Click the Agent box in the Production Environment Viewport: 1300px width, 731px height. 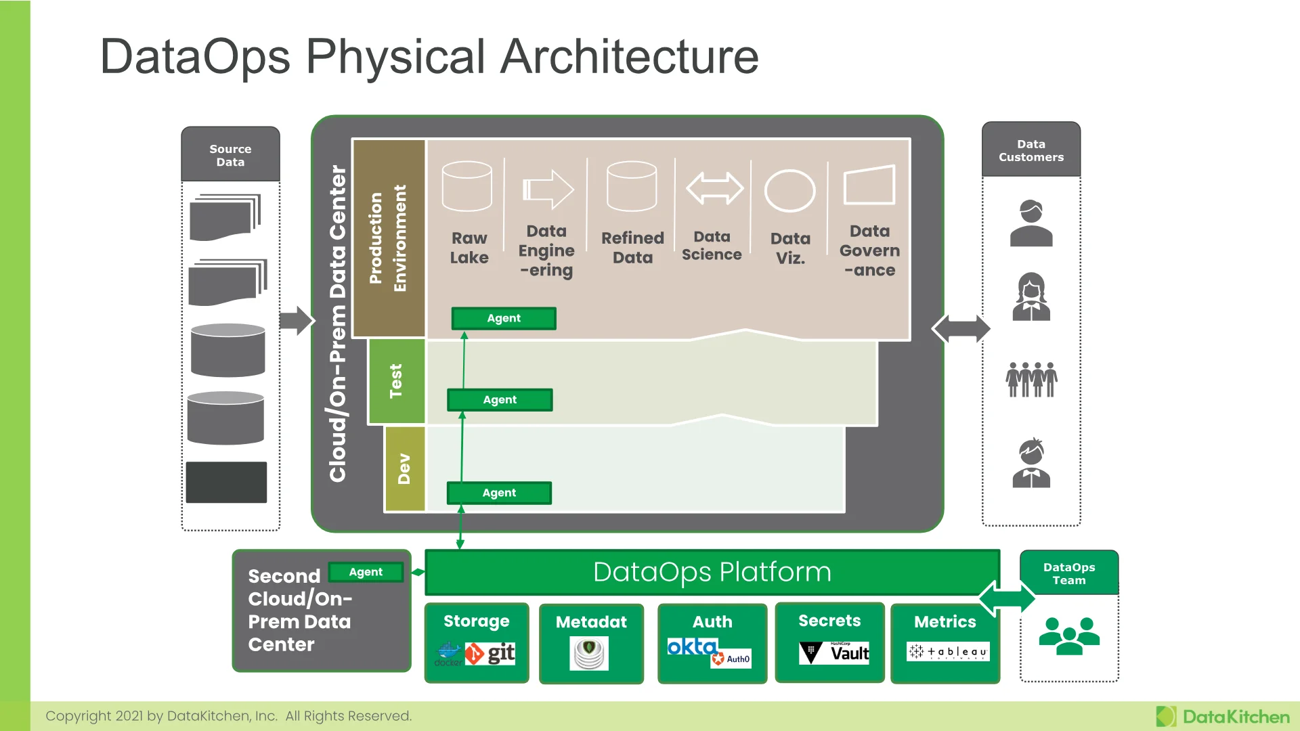504,318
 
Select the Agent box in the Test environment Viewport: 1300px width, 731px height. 500,400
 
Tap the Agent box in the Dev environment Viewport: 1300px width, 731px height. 499,493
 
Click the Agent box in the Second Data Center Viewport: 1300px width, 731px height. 366,572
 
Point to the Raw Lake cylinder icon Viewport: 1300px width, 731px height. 467,186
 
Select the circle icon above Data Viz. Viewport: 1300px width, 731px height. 789,191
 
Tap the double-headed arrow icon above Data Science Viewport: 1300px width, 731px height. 714,188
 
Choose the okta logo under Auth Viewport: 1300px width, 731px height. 692,647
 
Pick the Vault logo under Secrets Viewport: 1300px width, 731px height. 834,653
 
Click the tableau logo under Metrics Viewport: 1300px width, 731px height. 948,652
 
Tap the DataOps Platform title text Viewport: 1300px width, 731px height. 712,572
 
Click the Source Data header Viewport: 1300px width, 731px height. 230,155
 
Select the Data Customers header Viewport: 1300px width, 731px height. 1031,150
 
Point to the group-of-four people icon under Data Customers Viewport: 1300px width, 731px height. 1031,379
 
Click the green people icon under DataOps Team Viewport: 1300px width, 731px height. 1069,636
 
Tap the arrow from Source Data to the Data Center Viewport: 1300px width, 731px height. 297,321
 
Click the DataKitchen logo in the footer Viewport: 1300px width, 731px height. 1223,717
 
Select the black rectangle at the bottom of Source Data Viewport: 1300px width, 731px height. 226,483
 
